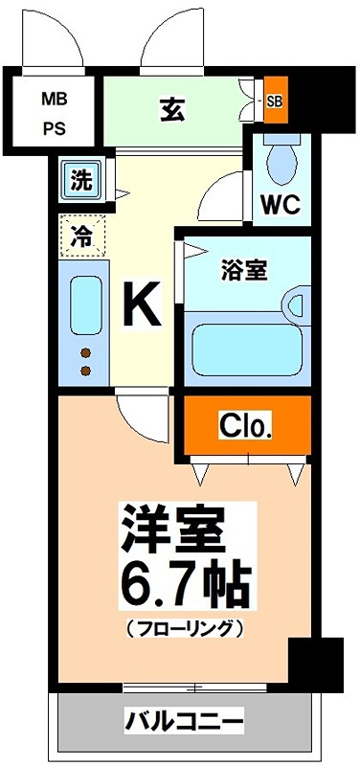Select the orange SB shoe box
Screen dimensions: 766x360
point(275,100)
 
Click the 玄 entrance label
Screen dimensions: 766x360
point(172,110)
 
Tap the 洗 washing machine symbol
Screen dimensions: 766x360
point(80,179)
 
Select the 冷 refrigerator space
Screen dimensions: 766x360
point(82,236)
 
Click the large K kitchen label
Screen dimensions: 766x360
point(140,307)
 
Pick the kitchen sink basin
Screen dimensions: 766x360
point(82,305)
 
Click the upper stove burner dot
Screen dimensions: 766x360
point(83,351)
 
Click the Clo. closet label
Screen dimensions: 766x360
point(247,424)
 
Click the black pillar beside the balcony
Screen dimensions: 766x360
point(315,662)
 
